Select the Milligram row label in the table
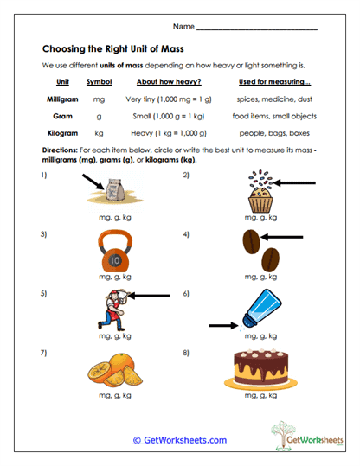coord(62,99)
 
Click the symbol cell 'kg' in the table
coord(99,132)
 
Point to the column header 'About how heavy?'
coord(163,82)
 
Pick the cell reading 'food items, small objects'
coord(276,116)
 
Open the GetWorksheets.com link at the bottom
coord(180,440)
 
